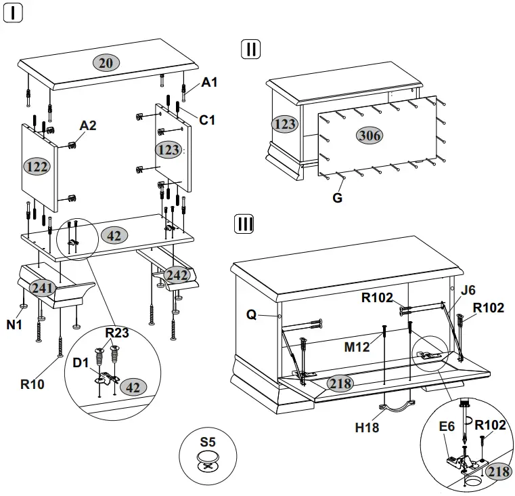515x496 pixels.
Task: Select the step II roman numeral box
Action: (x=250, y=49)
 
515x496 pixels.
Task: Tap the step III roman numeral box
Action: (x=244, y=224)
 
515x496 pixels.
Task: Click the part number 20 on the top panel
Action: (x=106, y=63)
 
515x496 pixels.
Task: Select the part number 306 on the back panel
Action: (x=370, y=136)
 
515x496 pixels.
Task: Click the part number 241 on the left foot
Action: (x=42, y=288)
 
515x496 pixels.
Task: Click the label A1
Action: (x=210, y=83)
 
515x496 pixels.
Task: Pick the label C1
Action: (x=207, y=120)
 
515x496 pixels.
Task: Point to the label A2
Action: (x=88, y=125)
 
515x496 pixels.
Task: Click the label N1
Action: (x=15, y=325)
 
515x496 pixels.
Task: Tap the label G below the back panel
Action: (x=337, y=198)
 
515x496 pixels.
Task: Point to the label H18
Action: (x=367, y=428)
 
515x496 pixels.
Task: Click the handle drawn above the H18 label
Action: (x=397, y=406)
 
